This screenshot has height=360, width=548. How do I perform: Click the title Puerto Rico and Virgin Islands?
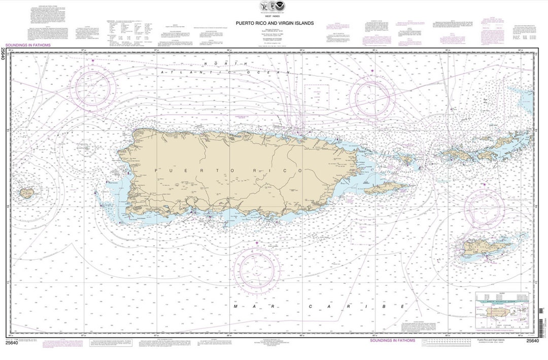pyautogui.click(x=274, y=23)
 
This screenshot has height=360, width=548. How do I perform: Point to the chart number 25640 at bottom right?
pyautogui.click(x=532, y=341)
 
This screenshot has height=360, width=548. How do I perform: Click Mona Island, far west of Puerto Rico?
pyautogui.click(x=26, y=193)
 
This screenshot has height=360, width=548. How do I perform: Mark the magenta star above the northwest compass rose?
pyautogui.click(x=93, y=61)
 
